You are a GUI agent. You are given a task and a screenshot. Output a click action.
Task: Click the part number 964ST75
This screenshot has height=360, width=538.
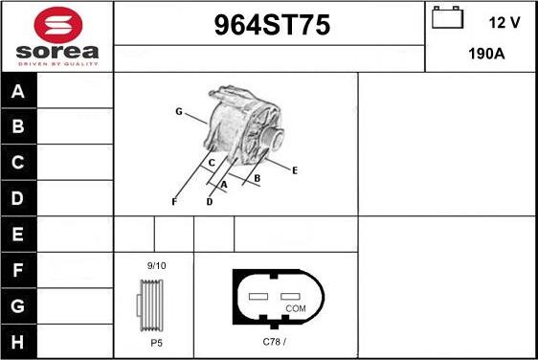pos(272,25)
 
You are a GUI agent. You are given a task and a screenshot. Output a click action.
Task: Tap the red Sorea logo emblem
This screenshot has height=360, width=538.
pos(58,24)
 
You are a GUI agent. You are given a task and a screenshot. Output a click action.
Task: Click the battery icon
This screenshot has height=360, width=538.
pos(447,17)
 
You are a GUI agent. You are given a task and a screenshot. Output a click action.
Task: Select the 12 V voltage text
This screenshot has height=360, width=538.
pos(504,23)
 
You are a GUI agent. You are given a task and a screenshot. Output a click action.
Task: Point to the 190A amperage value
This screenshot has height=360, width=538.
pos(486,54)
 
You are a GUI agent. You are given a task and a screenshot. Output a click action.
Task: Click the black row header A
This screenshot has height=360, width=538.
pos(18,91)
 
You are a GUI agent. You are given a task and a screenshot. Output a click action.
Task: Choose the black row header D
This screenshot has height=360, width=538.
pos(18,198)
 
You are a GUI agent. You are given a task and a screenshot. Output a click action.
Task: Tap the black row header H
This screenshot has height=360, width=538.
pos(18,342)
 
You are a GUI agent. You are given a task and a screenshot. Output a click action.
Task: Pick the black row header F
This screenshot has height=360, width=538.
pos(18,270)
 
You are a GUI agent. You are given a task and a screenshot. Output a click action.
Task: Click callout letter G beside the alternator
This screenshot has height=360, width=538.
pos(179,111)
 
